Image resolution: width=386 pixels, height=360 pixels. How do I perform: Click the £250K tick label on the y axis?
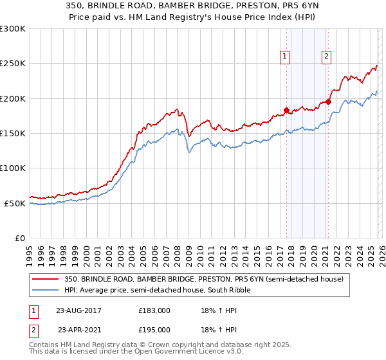tap(13, 64)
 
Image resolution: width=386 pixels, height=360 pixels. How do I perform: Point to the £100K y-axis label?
tap(13, 168)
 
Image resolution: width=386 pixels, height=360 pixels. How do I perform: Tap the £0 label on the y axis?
tap(19, 238)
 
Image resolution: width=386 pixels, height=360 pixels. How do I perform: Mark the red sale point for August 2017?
tap(286, 110)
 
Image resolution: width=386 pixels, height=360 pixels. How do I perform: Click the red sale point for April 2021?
tap(328, 101)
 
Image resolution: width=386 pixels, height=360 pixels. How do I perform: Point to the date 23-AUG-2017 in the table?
tap(78, 310)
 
